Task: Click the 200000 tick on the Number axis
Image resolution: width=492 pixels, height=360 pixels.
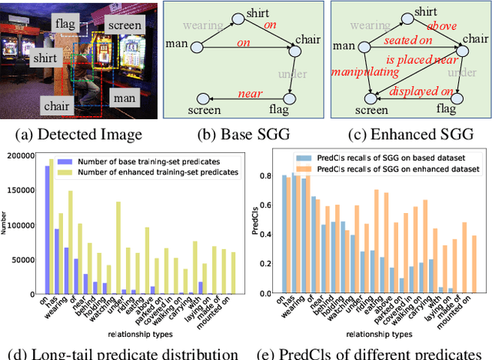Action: [x=18, y=155]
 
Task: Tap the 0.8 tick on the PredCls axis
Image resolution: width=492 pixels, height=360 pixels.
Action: [x=265, y=177]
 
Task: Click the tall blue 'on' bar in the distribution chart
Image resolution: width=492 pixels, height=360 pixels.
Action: [x=47, y=230]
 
